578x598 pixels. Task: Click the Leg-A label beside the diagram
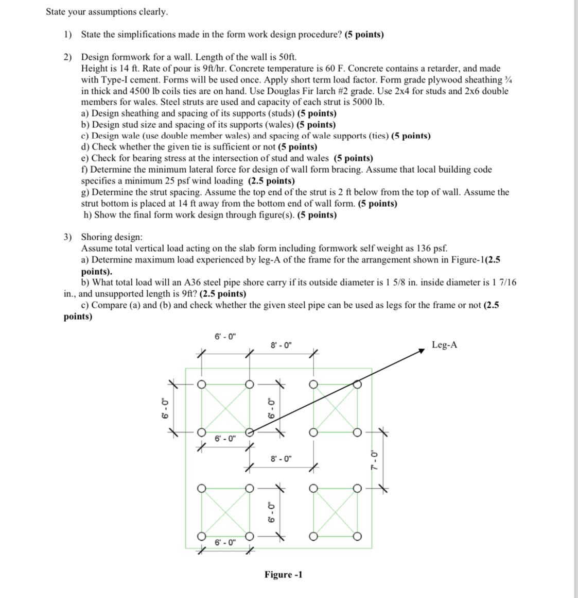point(444,345)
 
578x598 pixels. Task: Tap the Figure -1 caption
point(283,574)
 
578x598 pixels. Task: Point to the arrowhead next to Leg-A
point(422,351)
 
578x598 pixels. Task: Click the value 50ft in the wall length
point(285,57)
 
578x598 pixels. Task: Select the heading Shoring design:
point(112,237)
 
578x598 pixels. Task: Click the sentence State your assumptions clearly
point(107,11)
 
